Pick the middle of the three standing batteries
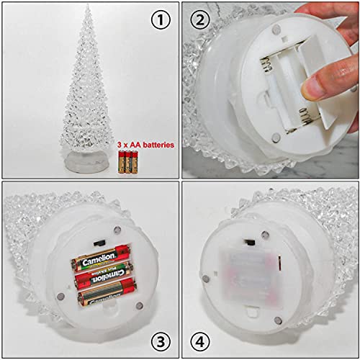pyautogui.click(x=127, y=161)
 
